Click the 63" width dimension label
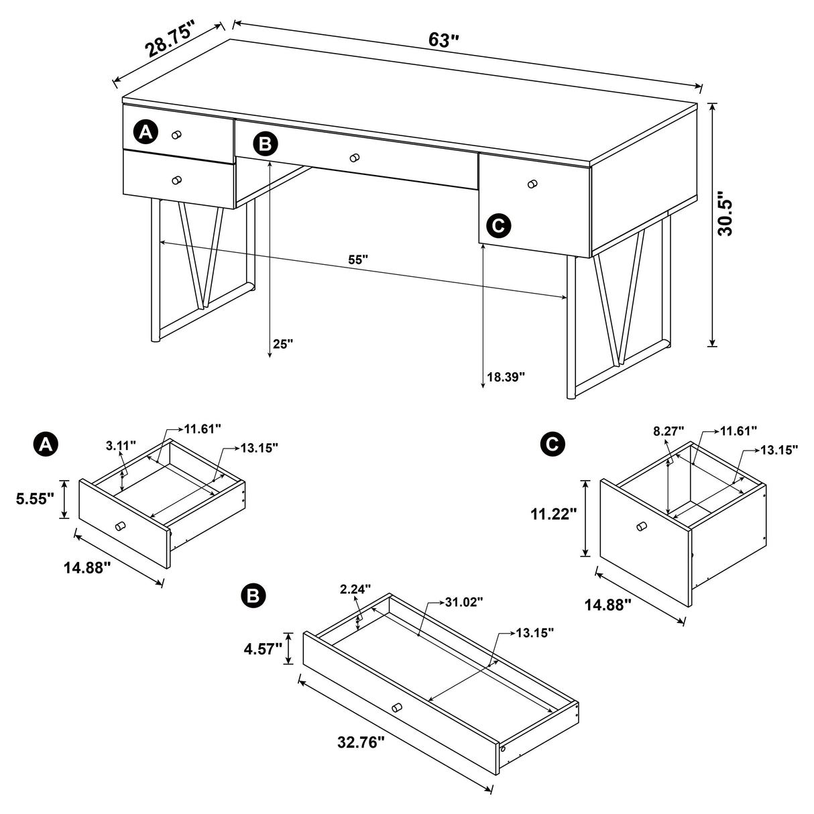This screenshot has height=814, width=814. point(443,40)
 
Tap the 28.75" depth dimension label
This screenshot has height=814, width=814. point(170,40)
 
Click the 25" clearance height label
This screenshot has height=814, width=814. point(283,344)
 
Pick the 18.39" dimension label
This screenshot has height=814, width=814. point(506,377)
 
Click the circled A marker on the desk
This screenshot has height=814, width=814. point(146,132)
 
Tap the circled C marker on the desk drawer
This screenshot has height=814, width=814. point(498,225)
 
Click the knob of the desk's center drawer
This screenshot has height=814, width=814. point(355,158)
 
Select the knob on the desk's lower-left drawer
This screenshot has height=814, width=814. point(176,180)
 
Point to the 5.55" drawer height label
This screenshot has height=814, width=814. point(35,500)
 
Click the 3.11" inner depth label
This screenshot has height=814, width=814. point(121,445)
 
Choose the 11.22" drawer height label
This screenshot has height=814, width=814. point(553,514)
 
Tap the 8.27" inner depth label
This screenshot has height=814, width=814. point(668,430)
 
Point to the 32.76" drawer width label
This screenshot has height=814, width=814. point(361,742)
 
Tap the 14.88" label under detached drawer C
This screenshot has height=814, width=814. point(607,605)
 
